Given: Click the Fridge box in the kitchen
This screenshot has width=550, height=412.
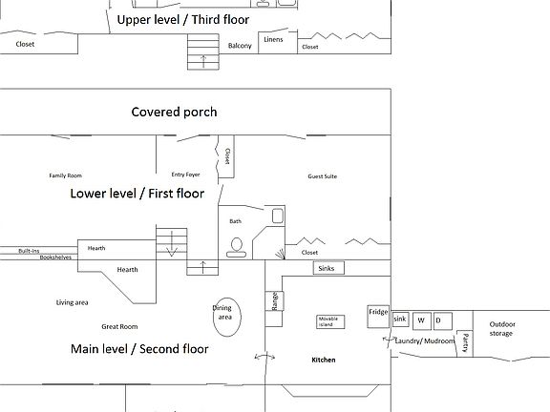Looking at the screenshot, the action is click(378, 317).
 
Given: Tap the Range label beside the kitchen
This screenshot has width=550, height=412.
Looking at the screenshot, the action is click(275, 301).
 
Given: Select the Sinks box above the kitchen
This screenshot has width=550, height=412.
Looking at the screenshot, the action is click(328, 268).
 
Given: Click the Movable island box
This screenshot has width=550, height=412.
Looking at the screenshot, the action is click(330, 321).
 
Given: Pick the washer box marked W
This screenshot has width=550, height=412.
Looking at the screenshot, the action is click(422, 320).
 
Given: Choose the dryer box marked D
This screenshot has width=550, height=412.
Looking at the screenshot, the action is click(443, 320).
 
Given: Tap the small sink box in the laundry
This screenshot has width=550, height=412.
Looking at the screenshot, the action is click(400, 319).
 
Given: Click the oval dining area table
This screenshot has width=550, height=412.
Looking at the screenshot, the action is click(227, 317).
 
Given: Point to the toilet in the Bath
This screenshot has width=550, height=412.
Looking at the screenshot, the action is click(237, 248).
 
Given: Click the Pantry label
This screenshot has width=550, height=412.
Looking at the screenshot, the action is click(465, 342).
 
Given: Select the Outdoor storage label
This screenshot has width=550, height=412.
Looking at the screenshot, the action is click(502, 329).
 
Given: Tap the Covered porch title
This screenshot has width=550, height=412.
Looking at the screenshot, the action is click(175, 113).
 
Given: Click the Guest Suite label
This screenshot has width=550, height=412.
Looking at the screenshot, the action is click(323, 176).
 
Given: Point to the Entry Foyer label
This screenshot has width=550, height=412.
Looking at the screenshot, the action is click(185, 175).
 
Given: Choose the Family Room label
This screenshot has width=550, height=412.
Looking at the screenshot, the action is click(66, 175).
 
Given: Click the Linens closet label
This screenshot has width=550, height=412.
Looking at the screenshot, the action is click(273, 39).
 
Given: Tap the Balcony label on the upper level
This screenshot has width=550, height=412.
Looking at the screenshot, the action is click(240, 46).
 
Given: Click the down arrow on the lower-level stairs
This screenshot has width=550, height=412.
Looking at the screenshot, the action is click(172, 243).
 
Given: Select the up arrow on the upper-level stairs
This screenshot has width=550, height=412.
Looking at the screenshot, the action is click(203, 61).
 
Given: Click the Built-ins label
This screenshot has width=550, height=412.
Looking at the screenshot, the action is click(29, 251).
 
